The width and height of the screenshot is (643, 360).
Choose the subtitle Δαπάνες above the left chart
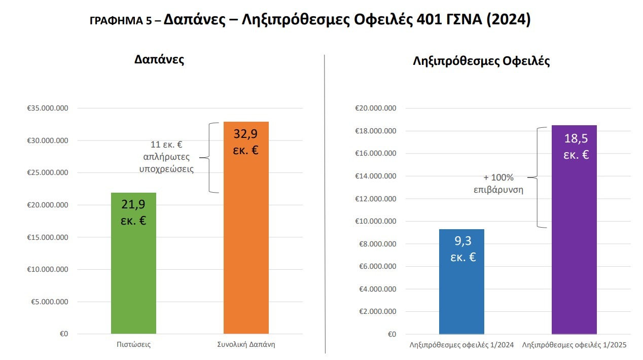tap(159, 59)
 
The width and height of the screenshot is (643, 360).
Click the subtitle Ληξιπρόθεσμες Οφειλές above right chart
tap(481, 61)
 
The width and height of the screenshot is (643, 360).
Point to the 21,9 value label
tap(133, 205)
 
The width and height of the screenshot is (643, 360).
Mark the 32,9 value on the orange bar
tap(246, 134)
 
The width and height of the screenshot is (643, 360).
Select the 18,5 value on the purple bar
tap(576, 139)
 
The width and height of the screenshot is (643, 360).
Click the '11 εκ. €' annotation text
tap(166, 144)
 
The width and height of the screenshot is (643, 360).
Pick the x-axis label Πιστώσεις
tap(133, 345)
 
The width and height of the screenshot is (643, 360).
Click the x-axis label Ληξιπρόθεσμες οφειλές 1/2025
tap(574, 345)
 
